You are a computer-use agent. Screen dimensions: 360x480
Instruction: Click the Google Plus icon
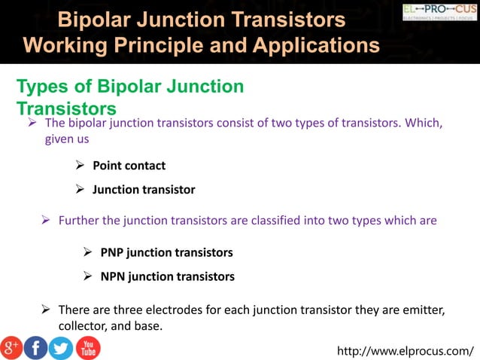click(11, 347)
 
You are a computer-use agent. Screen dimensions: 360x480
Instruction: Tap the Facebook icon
click(35, 347)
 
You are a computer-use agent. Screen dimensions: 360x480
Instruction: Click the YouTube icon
click(87, 347)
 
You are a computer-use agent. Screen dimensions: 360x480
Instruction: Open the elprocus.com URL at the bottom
click(406, 350)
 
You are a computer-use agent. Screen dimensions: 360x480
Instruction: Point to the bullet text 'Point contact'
click(129, 166)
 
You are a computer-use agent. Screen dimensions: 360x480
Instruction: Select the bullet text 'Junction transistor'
click(144, 190)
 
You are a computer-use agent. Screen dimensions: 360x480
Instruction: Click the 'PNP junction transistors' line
click(166, 252)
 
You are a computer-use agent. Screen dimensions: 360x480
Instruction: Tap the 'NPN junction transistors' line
click(167, 276)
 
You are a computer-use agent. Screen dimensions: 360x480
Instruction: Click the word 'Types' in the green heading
click(41, 87)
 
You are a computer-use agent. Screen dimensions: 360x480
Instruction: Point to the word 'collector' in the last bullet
click(82, 325)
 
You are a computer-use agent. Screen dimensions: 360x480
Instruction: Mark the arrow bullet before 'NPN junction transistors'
click(88, 276)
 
